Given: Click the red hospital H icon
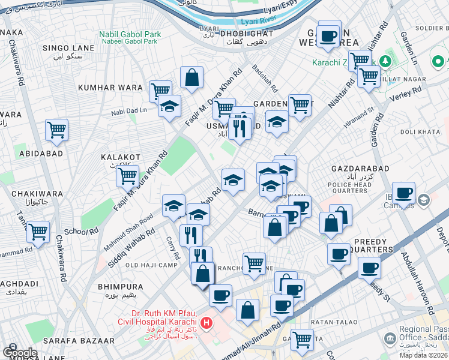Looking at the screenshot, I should (207, 324).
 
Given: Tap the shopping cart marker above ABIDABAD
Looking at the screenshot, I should (56, 130).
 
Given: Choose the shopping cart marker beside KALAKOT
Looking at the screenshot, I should (127, 176).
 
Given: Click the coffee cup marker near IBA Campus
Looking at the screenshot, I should (403, 193).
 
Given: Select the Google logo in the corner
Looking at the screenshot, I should (19, 352).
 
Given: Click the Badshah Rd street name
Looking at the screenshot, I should (264, 77).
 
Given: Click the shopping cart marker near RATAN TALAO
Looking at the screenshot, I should (302, 340).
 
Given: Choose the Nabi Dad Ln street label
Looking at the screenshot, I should (129, 110).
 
